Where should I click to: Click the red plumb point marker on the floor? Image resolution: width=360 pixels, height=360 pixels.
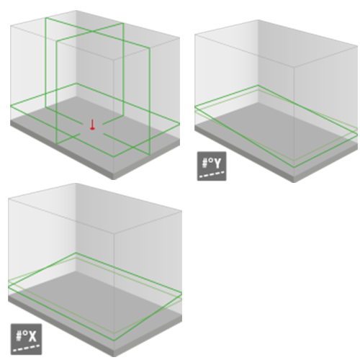92,125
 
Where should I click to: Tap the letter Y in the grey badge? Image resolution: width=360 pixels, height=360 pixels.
217,163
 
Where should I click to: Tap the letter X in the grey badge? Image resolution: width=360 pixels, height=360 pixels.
32,336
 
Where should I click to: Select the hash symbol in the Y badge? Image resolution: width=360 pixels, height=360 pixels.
204,163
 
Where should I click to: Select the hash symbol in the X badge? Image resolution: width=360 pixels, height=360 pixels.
19,336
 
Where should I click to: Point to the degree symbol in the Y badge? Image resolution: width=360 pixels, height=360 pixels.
210,159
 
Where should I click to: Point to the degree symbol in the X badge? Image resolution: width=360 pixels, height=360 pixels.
25,332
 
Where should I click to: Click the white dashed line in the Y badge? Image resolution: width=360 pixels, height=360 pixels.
212,174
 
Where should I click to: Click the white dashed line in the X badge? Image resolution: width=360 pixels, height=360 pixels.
26,348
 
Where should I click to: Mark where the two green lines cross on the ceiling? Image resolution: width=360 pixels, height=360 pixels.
91,31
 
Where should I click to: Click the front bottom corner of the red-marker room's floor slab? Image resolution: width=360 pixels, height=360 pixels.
114,179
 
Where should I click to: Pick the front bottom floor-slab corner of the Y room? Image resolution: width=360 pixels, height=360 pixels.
294,182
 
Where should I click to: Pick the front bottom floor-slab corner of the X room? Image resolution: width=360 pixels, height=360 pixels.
114,356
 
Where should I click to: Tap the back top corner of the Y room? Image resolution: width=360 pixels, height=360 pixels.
258,20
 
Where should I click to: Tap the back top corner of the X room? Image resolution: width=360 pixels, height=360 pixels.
76,184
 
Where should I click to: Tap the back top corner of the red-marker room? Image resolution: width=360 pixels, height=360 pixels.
76,11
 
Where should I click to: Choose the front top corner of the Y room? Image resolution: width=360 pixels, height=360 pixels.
294,67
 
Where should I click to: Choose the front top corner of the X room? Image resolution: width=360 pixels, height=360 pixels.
114,233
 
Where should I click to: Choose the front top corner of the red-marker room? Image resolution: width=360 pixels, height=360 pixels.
114,59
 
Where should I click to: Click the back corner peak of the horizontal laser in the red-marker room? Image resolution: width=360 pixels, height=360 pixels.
76,84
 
